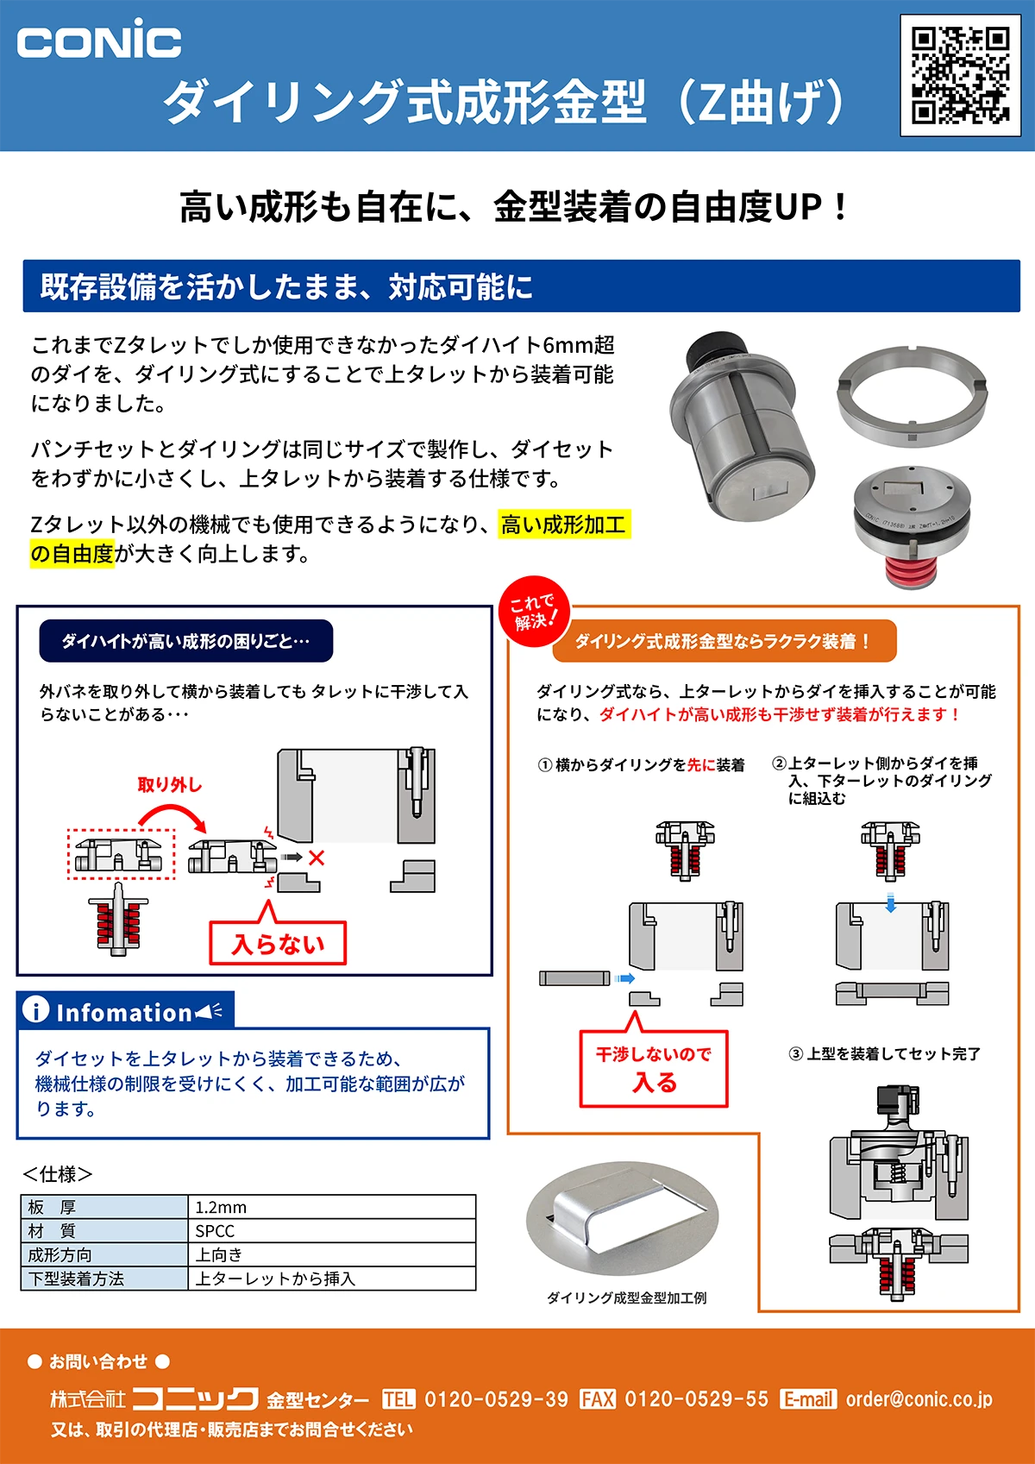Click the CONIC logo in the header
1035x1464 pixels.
pos(98,41)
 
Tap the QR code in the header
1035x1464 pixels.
pos(960,75)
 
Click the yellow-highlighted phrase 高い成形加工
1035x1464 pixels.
pos(564,525)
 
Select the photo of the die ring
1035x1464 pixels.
pos(912,393)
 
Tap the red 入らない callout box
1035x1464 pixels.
pos(278,943)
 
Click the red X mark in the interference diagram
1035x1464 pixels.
pos(317,858)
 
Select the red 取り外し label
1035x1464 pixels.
pos(170,784)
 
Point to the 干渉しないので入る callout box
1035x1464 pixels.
pos(654,1068)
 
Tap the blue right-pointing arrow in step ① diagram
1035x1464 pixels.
pos(624,978)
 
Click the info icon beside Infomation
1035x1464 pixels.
pos(35,1009)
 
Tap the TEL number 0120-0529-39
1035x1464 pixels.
pos(496,1398)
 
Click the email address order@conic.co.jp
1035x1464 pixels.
pos(919,1398)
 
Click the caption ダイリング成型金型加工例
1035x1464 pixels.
pos(627,1297)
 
